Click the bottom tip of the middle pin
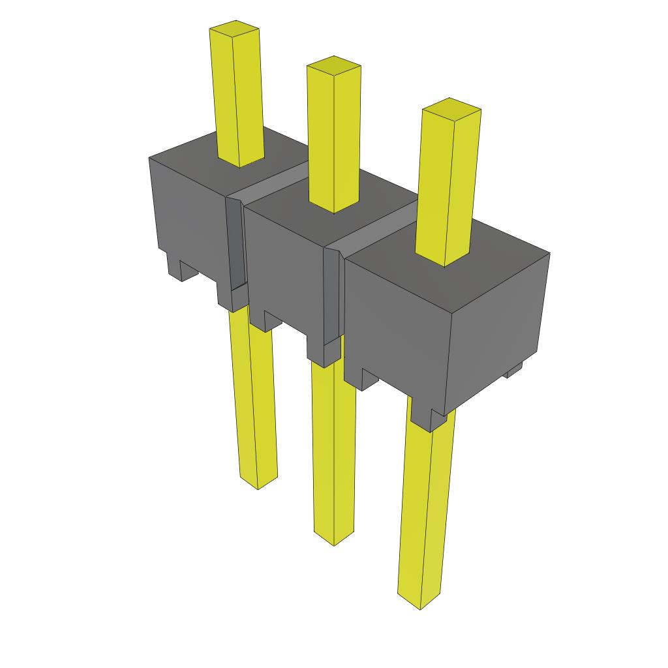tap(334, 541)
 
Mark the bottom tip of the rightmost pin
tap(419, 605)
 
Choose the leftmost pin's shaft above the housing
tap(237, 98)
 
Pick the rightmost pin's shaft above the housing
tap(447, 189)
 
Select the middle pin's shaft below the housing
tap(334, 450)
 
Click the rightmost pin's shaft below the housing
tap(425, 515)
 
